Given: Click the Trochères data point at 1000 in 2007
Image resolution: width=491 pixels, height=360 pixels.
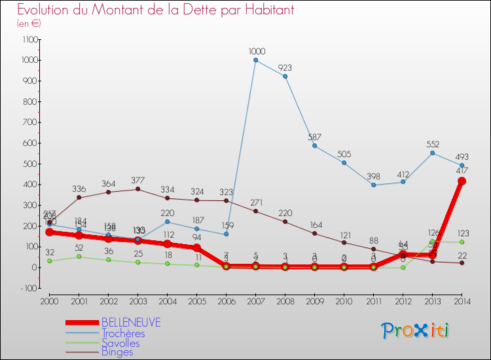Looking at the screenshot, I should [255, 60].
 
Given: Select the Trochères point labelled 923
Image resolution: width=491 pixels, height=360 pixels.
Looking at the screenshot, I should [285, 76].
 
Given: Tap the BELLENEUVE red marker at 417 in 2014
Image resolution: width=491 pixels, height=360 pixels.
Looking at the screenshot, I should [462, 181].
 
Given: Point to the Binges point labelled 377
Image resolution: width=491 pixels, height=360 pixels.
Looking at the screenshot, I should [137, 189].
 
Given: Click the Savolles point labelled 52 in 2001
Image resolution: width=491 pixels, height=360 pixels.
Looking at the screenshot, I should [79, 257].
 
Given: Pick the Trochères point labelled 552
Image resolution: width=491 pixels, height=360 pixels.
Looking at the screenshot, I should [432, 153].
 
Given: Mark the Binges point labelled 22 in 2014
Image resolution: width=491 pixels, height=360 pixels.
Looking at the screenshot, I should [462, 262].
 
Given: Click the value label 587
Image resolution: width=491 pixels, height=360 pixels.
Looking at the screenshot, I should [314, 137].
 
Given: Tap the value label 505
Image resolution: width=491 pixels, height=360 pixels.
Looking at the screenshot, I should [344, 154].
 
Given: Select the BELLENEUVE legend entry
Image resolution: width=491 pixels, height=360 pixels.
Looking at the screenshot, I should [131, 323].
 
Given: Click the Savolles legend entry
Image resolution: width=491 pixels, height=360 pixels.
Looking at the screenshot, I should [120, 342].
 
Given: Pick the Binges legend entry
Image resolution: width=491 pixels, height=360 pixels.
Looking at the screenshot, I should [117, 352].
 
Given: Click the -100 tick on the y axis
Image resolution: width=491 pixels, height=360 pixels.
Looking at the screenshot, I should [31, 288].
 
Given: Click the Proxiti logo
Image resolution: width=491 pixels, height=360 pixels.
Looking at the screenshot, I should [415, 331].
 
